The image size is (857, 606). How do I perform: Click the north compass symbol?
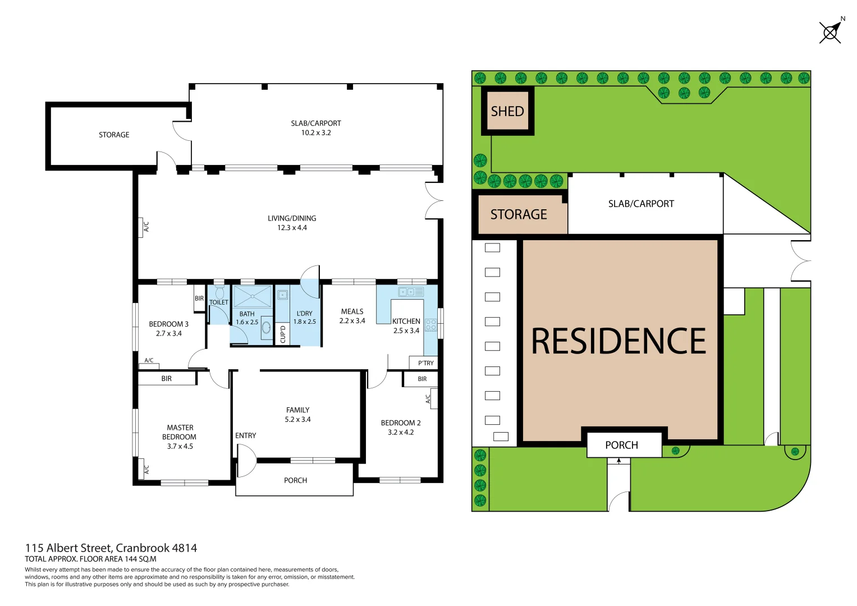coord(831,31)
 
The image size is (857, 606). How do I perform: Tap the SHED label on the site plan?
coord(507,111)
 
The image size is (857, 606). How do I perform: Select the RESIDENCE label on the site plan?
coord(618,341)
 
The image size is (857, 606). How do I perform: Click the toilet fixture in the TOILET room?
coord(219,292)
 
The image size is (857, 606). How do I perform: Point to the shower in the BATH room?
coord(253,296)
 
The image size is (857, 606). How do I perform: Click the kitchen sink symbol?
coord(411,292)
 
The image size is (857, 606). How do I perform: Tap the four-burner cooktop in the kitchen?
coord(430,325)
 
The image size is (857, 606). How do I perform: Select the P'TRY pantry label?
coord(425,363)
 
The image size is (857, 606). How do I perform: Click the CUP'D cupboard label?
coord(283,334)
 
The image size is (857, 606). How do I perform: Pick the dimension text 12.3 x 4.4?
coord(292,228)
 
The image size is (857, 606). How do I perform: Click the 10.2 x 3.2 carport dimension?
coord(316,133)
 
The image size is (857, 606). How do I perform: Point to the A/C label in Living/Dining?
coord(146,227)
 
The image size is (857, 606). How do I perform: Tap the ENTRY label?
coord(245,435)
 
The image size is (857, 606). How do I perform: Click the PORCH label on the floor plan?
coord(295,480)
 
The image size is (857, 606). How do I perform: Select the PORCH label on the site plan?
coord(621,445)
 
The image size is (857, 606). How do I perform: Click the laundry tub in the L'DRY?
coord(282,295)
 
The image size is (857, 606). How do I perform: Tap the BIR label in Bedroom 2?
coord(422,379)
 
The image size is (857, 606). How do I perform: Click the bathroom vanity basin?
coord(266,327)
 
